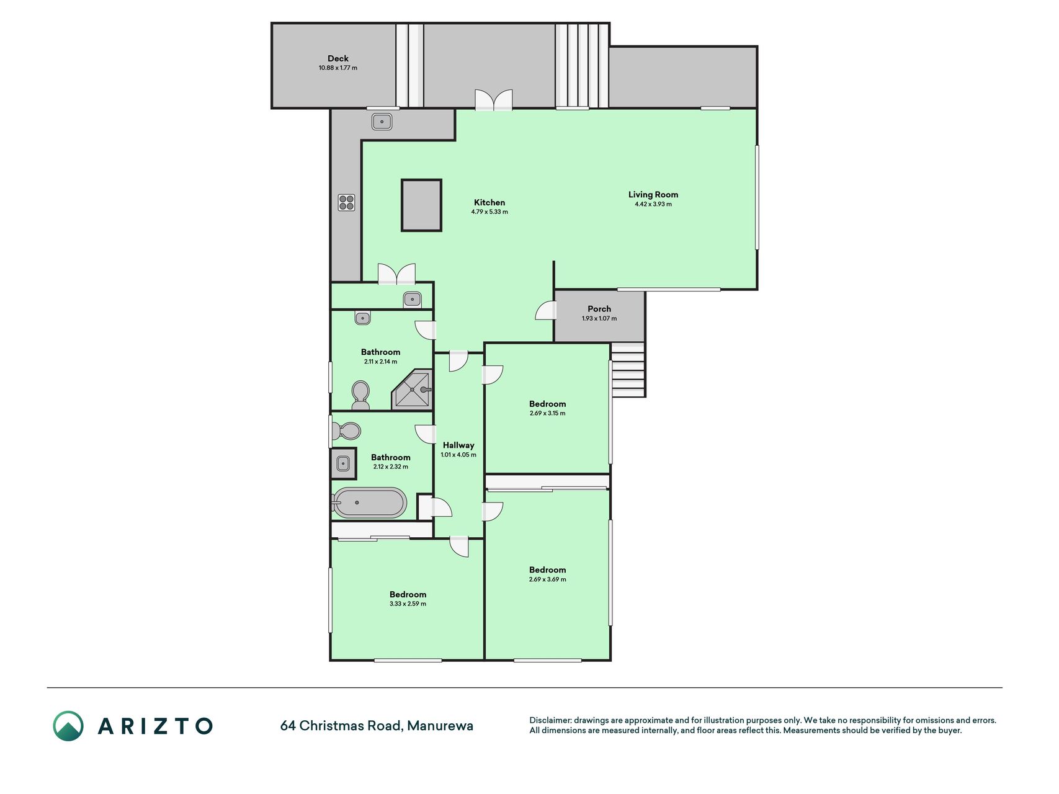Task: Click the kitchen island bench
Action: point(421,205)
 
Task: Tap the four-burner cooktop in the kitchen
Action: point(346,202)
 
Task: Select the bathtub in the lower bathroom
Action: point(370,502)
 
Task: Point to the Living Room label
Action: point(653,194)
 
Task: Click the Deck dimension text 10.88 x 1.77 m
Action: point(338,68)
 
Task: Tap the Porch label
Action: point(599,309)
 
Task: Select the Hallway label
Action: point(458,445)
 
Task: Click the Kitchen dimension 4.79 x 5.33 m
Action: point(489,212)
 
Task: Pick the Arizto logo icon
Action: point(68,726)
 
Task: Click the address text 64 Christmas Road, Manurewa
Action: point(377,725)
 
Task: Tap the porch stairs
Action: point(628,370)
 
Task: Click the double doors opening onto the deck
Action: point(494,100)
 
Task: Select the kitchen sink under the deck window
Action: point(382,122)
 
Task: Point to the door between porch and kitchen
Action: point(546,310)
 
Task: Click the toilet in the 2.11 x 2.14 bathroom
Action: point(360,395)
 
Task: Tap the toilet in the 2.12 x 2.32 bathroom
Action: point(346,430)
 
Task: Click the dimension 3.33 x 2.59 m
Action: point(408,604)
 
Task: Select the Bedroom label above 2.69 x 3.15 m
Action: point(547,404)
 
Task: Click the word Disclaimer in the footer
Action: point(550,720)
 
